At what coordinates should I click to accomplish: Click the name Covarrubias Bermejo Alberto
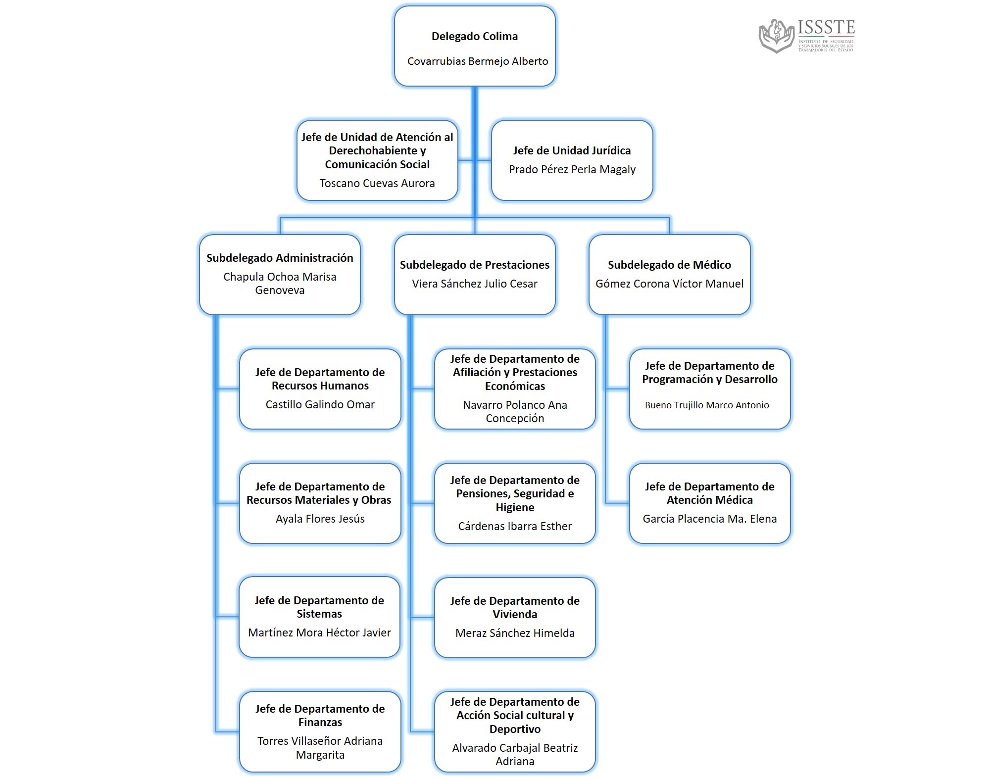click(478, 61)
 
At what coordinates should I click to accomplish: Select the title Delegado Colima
click(475, 36)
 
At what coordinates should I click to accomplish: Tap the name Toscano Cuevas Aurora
click(377, 183)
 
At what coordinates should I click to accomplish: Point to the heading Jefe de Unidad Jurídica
click(572, 150)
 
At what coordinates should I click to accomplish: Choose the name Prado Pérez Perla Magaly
click(572, 169)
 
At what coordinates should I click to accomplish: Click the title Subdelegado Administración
click(280, 258)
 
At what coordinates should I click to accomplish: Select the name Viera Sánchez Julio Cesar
click(475, 284)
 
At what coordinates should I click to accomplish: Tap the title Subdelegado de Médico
click(669, 265)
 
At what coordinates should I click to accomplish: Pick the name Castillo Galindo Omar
click(320, 404)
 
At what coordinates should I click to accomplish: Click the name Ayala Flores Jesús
click(320, 519)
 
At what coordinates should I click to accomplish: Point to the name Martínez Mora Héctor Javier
click(319, 632)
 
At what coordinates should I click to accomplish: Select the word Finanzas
click(320, 722)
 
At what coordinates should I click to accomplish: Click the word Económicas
click(515, 386)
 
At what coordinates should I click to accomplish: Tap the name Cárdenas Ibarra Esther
click(515, 526)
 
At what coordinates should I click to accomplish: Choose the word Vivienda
click(515, 614)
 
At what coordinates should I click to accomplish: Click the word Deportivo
click(515, 729)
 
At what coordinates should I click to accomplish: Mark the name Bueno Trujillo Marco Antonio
click(707, 405)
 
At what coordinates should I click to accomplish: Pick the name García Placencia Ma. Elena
click(709, 519)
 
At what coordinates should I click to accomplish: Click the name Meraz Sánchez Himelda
click(515, 633)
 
